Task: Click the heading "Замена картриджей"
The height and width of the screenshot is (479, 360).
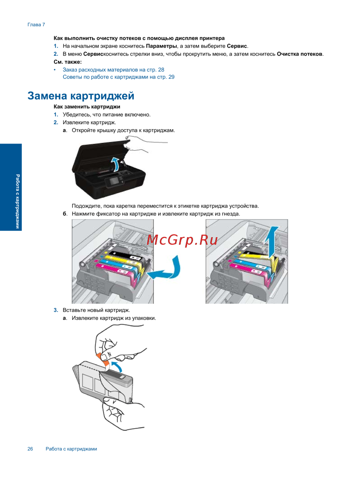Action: pos(81,96)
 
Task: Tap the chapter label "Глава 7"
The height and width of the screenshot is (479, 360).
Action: pos(36,25)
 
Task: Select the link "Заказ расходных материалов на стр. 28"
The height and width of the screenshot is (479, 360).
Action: pos(113,69)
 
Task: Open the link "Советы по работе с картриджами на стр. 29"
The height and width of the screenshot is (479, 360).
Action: pos(118,77)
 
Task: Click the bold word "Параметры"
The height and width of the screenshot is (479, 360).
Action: pos(161,46)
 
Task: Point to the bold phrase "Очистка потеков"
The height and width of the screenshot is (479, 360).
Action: pos(300,54)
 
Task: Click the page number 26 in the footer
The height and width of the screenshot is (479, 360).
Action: pos(30,449)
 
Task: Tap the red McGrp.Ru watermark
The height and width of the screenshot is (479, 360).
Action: pos(182,240)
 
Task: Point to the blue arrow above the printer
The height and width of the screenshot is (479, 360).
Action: pos(116,164)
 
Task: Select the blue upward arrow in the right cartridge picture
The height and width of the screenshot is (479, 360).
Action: pos(271,242)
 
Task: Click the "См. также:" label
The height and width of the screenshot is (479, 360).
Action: pos(68,62)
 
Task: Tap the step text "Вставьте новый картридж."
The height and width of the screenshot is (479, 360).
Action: pos(96,310)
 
